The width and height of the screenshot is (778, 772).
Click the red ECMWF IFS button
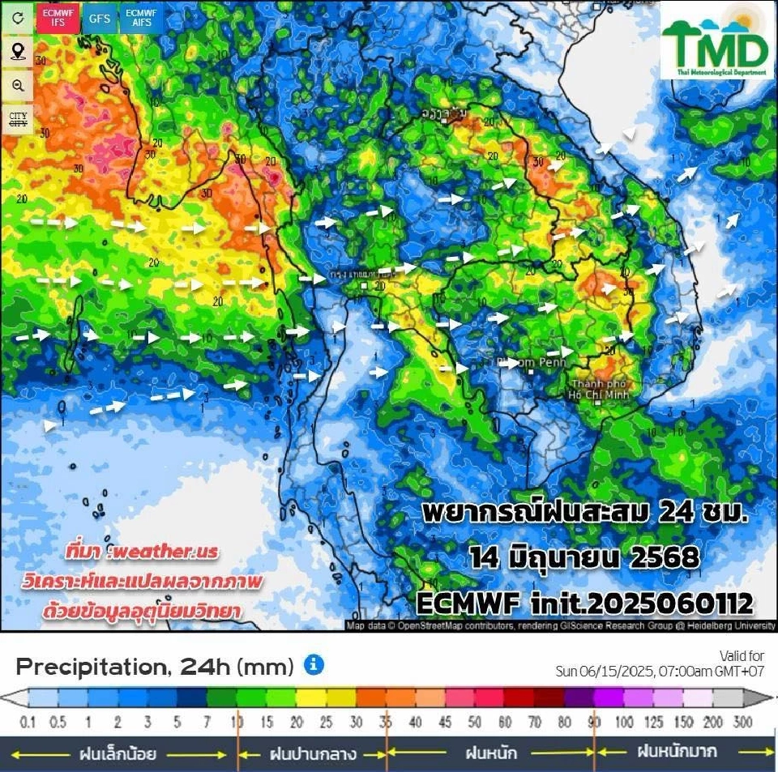coord(58,18)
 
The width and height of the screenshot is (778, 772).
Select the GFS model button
coord(100,18)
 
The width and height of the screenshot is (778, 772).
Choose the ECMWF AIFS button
coord(142,18)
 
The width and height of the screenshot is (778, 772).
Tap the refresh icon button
coord(18,19)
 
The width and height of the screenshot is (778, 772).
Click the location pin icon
coord(18,53)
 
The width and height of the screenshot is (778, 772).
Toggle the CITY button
coord(18,120)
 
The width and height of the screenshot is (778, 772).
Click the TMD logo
coord(716,45)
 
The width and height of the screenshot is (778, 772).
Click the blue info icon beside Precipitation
coord(314,666)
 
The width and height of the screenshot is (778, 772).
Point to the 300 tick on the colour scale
coord(742,722)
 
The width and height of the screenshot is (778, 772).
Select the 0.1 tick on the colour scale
coord(28,722)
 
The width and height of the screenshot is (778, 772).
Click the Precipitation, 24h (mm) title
coord(154,668)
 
